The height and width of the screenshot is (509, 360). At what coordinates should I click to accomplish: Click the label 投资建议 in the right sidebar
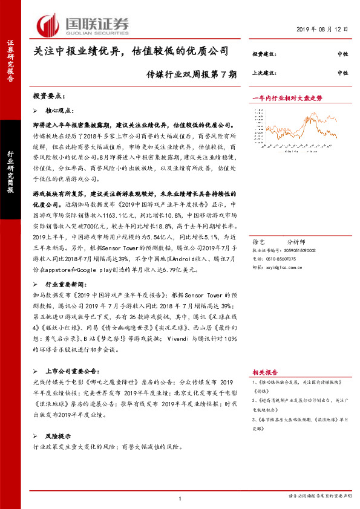264,54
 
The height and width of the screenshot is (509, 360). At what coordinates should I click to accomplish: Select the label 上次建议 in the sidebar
264,73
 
